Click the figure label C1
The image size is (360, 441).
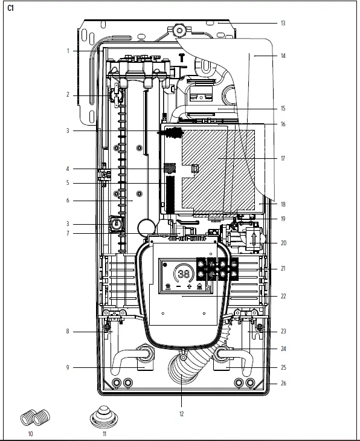click(x=10, y=8)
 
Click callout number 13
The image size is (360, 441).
click(x=283, y=23)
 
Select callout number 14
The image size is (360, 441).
click(x=283, y=56)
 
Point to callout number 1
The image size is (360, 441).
click(x=68, y=51)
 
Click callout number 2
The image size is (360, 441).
click(x=68, y=95)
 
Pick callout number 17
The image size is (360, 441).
click(x=283, y=158)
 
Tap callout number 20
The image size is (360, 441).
click(x=283, y=243)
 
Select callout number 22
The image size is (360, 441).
click(x=283, y=296)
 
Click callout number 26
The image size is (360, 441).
click(x=283, y=383)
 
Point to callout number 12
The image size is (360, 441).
click(x=181, y=414)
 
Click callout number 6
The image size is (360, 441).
click(x=68, y=201)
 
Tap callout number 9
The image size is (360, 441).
click(x=68, y=368)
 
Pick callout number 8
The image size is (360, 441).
click(x=68, y=331)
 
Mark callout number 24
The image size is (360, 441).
click(x=283, y=349)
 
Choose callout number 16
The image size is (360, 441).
click(x=283, y=124)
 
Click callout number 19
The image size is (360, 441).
click(x=283, y=218)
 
